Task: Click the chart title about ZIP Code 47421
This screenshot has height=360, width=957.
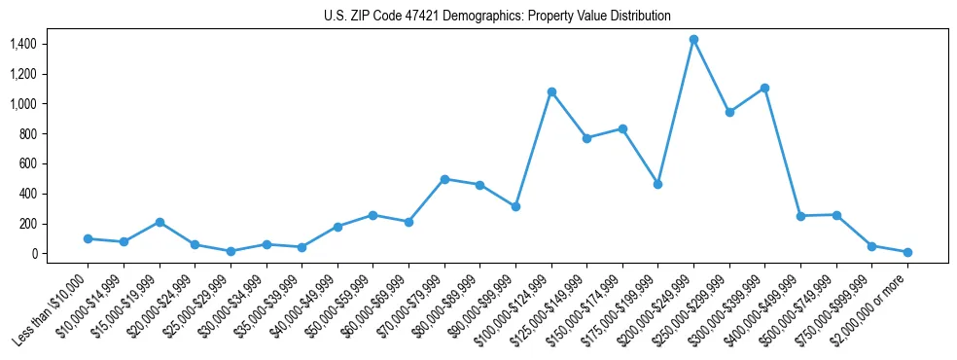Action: (497, 17)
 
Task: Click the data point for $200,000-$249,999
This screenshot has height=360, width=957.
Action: (693, 40)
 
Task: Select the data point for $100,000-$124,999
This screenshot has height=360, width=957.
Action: (551, 91)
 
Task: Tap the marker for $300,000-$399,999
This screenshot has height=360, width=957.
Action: (765, 88)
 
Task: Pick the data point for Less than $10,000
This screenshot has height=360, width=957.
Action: (88, 238)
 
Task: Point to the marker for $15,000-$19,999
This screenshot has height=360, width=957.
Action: (159, 222)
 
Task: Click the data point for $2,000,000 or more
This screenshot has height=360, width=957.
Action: (907, 252)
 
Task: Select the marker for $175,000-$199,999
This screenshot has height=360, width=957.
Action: (658, 184)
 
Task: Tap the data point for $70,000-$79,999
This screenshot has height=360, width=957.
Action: (444, 179)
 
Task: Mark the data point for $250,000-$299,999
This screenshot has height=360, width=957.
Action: (729, 112)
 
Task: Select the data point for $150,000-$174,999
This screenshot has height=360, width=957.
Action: (622, 128)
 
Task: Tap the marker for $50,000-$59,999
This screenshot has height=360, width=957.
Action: (372, 215)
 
